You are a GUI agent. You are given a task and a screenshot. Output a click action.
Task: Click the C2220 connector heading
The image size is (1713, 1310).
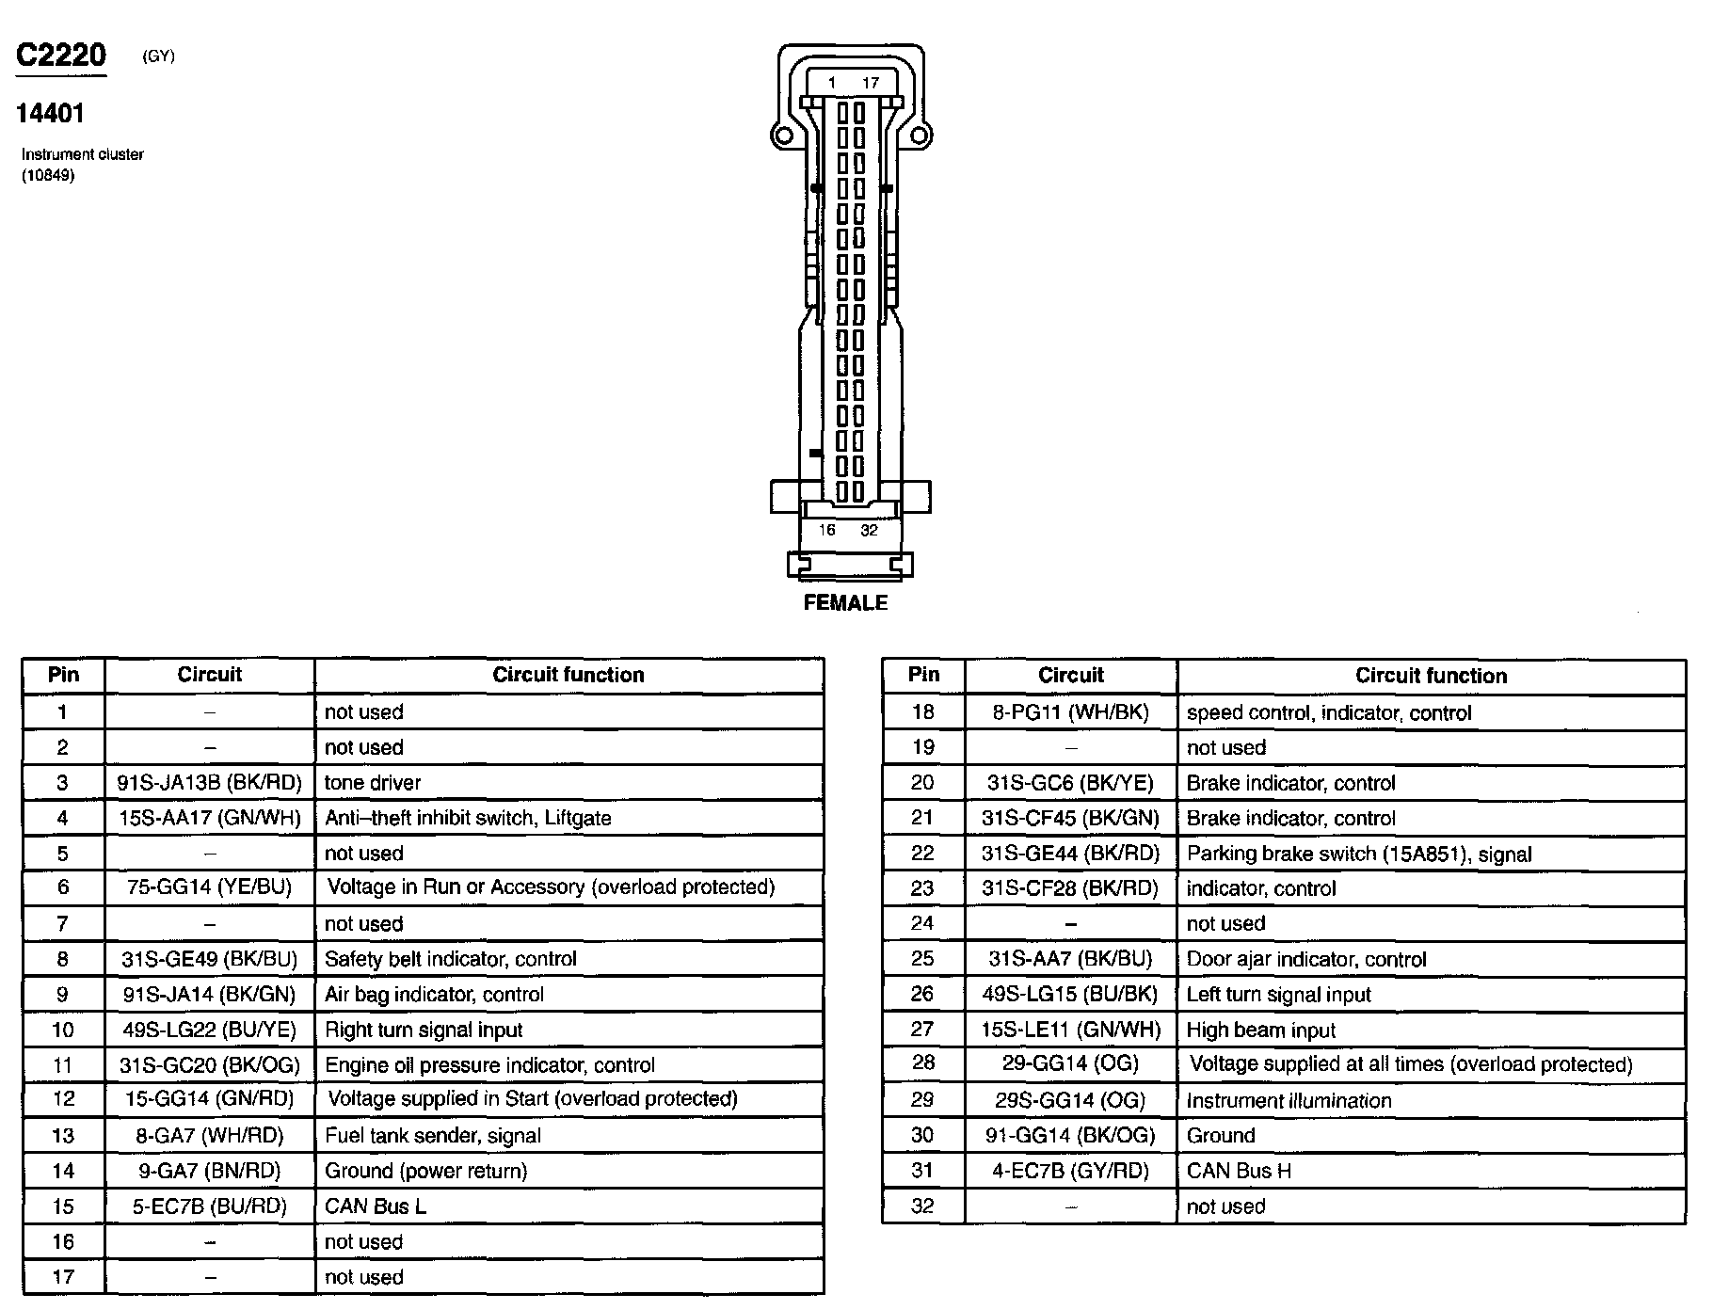61,56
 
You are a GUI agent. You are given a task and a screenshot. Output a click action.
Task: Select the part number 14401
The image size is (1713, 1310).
50,114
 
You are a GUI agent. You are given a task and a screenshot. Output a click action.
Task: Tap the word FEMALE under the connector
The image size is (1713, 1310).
845,603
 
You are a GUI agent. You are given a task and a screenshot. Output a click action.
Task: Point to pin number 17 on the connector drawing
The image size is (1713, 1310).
871,83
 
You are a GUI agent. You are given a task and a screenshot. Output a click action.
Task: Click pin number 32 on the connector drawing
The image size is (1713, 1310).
869,531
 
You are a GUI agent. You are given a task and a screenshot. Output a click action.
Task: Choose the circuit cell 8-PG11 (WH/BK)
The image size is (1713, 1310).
1071,712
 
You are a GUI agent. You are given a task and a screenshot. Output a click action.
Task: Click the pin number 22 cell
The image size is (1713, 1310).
922,854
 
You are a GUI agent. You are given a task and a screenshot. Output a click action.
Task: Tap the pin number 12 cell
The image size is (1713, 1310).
63,1099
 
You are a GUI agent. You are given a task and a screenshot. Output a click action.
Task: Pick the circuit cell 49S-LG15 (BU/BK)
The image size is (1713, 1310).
1071,995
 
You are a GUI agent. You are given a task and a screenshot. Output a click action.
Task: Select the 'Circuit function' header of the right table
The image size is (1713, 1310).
1431,676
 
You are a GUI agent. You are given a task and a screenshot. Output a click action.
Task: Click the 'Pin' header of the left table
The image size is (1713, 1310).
63,675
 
